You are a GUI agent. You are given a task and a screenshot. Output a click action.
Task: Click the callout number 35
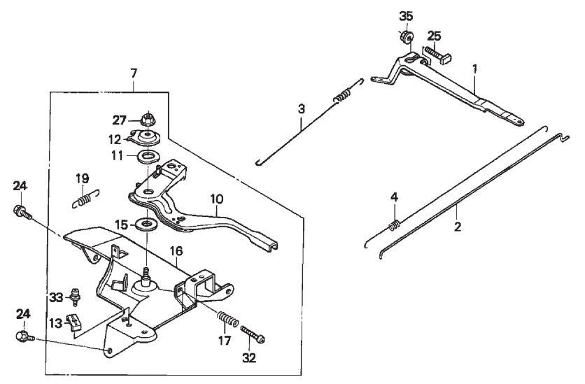407,16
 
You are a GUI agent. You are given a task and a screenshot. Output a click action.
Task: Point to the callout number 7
134,72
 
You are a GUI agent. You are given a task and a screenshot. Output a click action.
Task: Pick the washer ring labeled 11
148,155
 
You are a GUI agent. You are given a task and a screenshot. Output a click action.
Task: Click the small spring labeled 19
84,199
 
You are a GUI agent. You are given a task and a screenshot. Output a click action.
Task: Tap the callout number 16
175,249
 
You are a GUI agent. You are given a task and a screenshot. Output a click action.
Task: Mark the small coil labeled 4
395,225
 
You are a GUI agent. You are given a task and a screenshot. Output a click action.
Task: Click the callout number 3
302,108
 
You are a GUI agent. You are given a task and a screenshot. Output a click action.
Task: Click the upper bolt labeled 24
21,211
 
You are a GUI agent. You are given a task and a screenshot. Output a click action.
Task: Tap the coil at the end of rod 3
341,96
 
